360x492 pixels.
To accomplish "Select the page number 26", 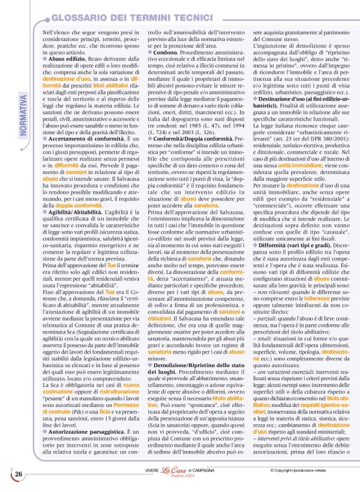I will tap(19, 475).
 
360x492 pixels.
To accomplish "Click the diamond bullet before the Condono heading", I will tap(151, 52).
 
